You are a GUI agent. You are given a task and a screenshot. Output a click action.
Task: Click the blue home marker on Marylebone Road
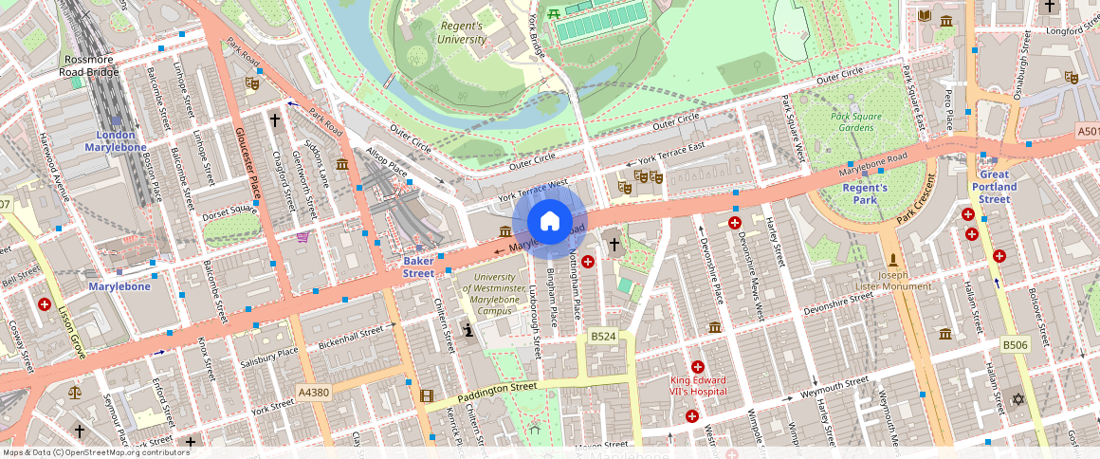coord(550,222)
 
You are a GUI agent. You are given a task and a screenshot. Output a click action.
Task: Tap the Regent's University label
coord(460,32)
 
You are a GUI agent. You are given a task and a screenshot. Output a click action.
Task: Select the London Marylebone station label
coord(116,141)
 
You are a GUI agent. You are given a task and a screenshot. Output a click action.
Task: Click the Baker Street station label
coord(418,266)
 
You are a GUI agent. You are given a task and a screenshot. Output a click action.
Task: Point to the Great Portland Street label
coord(995,187)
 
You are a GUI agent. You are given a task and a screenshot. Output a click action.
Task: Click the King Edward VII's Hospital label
coord(698,386)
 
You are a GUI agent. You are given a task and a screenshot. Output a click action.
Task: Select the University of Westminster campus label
coord(499,293)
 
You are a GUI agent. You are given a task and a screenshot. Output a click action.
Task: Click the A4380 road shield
coord(313,392)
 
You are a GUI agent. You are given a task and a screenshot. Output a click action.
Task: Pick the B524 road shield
coord(603,337)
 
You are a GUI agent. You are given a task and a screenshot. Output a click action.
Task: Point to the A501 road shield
coord(1088,133)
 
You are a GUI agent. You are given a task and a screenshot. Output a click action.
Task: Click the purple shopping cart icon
coord(302,237)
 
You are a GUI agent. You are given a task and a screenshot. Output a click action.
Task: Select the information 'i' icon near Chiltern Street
coord(468,330)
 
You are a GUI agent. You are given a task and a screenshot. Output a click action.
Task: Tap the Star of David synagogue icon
coord(1019,399)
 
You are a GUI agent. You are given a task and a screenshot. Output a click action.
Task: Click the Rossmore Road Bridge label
coord(88,65)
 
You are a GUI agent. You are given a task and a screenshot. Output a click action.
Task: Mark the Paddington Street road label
coord(497,391)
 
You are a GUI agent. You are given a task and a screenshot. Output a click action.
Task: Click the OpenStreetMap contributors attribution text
coord(97,452)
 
